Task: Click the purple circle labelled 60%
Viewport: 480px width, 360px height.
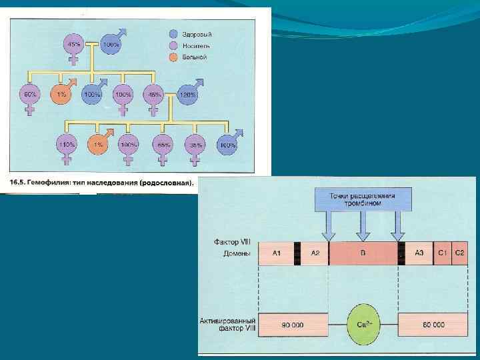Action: pyautogui.click(x=29, y=95)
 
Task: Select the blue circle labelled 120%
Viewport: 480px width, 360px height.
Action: pyautogui.click(x=188, y=95)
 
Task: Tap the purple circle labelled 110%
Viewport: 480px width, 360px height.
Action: pyautogui.click(x=67, y=145)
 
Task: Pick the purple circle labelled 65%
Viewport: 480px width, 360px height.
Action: pyautogui.click(x=161, y=145)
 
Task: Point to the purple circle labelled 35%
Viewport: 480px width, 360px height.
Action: pyautogui.click(x=195, y=145)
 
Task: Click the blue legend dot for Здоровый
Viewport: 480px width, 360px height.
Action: pyautogui.click(x=173, y=34)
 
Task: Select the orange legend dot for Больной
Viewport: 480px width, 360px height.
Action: pyautogui.click(x=173, y=57)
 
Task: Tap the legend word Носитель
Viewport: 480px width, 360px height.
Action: pyautogui.click(x=197, y=46)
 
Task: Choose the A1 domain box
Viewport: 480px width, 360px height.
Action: pyautogui.click(x=276, y=253)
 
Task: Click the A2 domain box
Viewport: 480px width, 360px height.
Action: pyautogui.click(x=315, y=253)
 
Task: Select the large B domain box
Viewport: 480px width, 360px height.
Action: pyautogui.click(x=363, y=253)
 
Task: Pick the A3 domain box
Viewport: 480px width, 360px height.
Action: pyautogui.click(x=419, y=253)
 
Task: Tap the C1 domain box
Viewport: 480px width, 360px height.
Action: pyautogui.click(x=443, y=253)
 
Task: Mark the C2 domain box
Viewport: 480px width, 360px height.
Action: pyautogui.click(x=459, y=253)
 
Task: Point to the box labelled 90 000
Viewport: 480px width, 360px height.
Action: pyautogui.click(x=293, y=325)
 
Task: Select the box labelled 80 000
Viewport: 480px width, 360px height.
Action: pyautogui.click(x=433, y=325)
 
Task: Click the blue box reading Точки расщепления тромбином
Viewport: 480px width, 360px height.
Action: pyautogui.click(x=363, y=199)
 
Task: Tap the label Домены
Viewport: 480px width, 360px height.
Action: pyautogui.click(x=237, y=253)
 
